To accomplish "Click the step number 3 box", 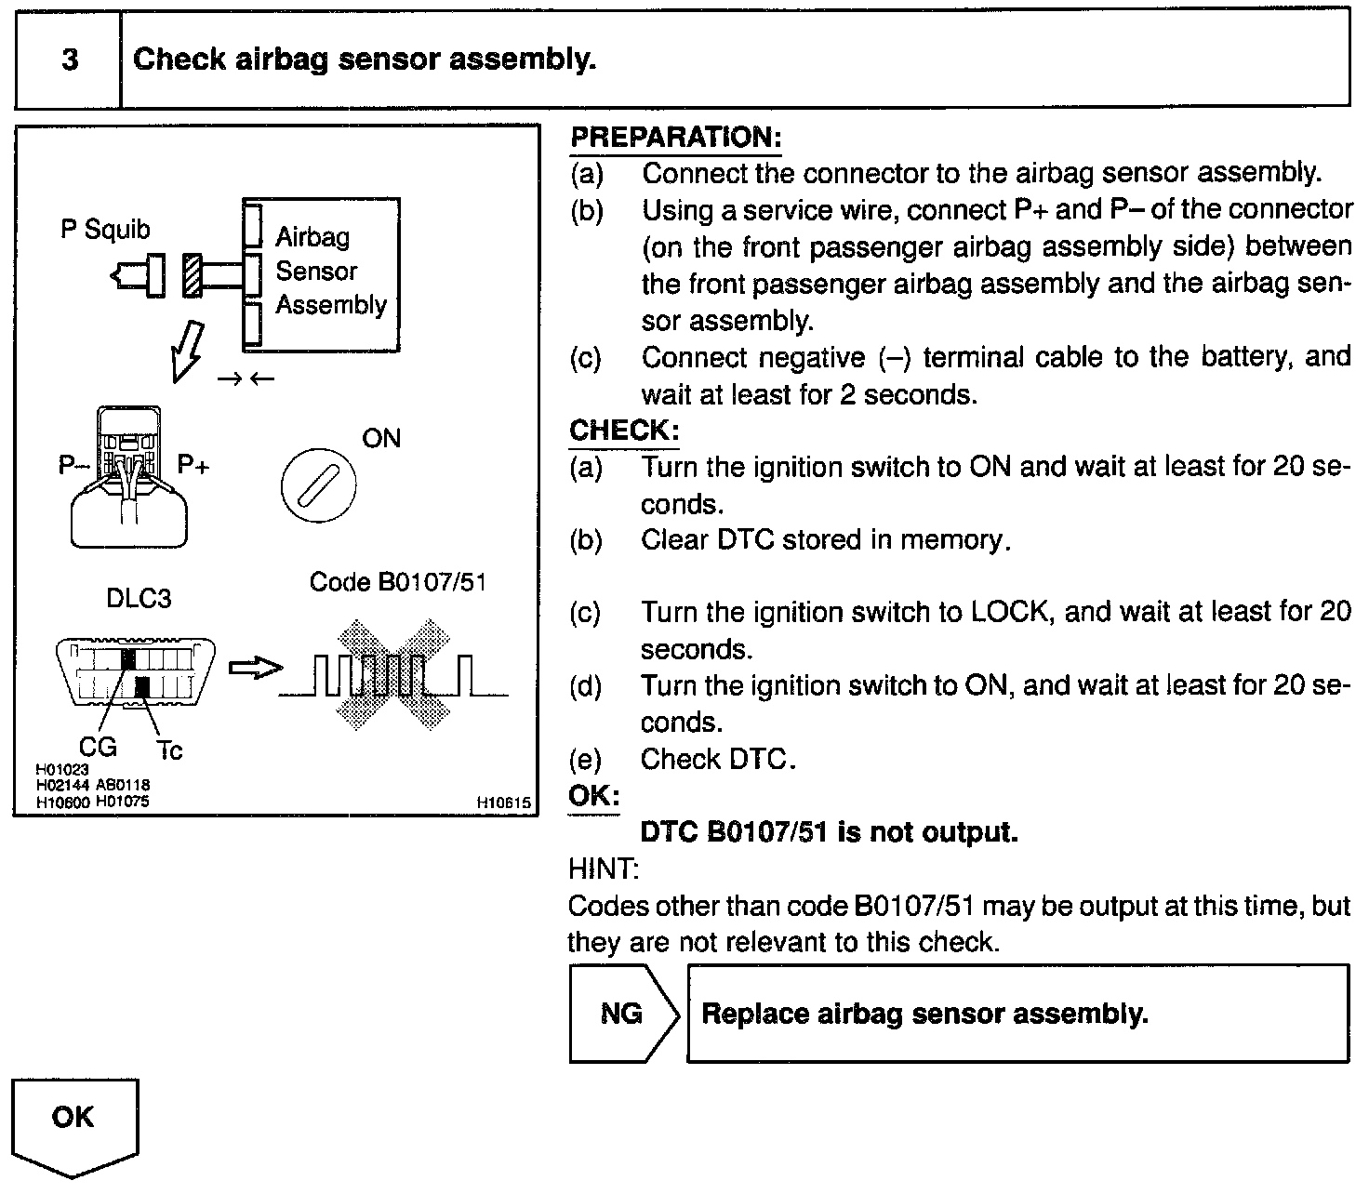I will pos(69,60).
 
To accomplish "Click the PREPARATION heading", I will pos(675,138).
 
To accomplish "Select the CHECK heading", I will pos(624,431).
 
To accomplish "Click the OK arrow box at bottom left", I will pos(74,1123).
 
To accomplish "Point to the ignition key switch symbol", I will pos(318,487).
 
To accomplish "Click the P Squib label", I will pos(105,230).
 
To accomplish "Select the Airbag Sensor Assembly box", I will pos(322,273).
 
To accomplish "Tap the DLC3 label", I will pos(139,598).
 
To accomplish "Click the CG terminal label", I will pos(98,746).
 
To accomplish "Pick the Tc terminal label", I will pos(169,750).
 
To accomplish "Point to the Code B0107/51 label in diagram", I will pos(397,582).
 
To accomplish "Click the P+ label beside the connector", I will pos(193,464).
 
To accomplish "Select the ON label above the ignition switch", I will pos(380,438).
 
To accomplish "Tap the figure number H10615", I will pos(503,802).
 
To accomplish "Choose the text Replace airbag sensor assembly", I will pos(924,1013).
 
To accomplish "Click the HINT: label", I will pos(603,869).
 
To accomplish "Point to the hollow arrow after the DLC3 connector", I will pos(254,669).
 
